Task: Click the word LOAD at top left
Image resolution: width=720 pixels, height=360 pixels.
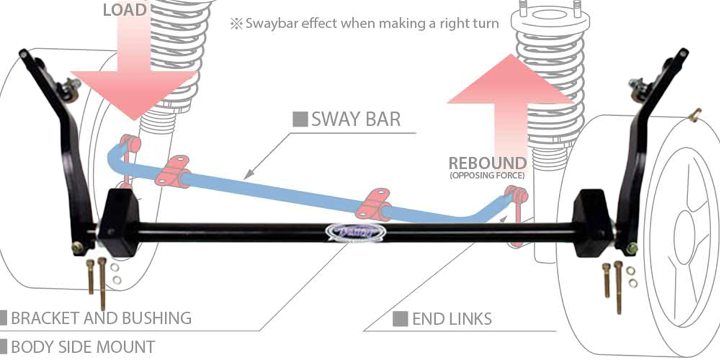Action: click(125, 9)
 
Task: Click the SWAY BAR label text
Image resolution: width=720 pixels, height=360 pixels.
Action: click(355, 119)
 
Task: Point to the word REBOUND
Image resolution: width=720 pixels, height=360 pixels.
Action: click(487, 163)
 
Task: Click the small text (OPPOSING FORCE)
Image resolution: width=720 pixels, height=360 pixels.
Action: click(487, 176)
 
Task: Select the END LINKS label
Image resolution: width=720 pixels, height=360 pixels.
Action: click(451, 319)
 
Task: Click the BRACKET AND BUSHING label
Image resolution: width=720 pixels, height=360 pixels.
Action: click(100, 318)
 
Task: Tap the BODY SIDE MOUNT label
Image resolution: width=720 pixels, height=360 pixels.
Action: click(82, 346)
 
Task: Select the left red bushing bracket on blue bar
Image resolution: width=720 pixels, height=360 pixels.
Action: click(173, 170)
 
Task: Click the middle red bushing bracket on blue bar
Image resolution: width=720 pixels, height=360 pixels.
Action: click(373, 203)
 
